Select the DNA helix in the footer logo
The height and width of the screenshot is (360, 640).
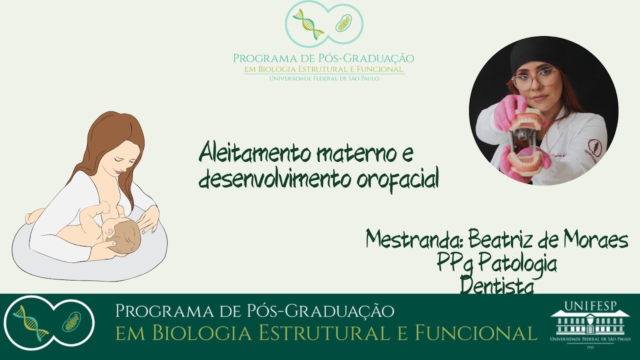[x=30, y=323]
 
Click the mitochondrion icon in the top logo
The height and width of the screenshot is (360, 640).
[x=343, y=23]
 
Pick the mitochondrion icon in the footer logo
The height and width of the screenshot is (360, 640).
[x=71, y=321]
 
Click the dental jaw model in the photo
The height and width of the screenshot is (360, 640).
[x=525, y=142]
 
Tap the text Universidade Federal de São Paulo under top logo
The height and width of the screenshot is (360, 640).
[x=324, y=78]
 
